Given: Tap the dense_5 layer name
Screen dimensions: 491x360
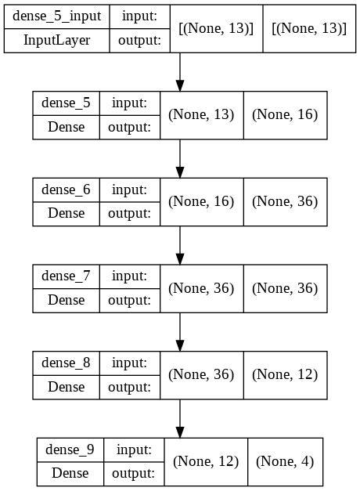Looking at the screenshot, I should (67, 103).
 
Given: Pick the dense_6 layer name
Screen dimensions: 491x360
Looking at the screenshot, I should (67, 189).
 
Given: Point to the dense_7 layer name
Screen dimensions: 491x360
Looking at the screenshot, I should (67, 276).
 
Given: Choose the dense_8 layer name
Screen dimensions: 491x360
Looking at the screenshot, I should (67, 363).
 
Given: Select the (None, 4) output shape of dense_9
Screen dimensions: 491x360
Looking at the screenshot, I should (285, 462).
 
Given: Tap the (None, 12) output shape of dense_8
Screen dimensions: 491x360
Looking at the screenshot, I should (285, 375).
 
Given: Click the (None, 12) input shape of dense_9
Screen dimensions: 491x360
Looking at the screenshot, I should (206, 462).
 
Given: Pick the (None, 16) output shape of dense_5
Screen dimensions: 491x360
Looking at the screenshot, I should (285, 115).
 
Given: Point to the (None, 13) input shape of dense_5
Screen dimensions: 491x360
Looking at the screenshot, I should (201, 115).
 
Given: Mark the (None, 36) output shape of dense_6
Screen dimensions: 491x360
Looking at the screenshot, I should (285, 201).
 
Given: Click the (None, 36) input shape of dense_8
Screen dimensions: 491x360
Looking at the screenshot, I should (201, 375).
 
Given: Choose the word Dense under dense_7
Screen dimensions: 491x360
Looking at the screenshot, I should (67, 300).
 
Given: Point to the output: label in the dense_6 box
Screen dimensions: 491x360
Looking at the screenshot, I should (129, 213).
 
